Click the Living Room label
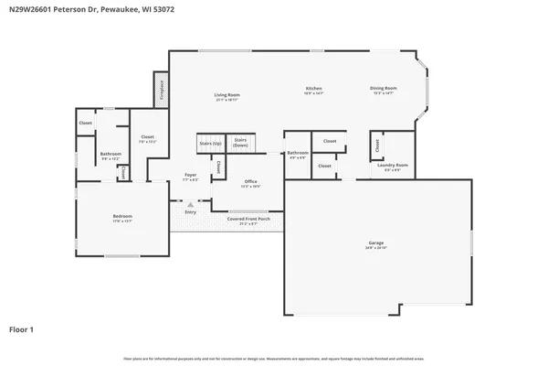[x=227, y=96]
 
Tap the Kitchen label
[x=314, y=90]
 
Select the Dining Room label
[x=383, y=90]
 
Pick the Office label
[x=250, y=183]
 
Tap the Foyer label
[x=190, y=176]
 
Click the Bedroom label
[x=122, y=218]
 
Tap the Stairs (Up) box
[x=209, y=145]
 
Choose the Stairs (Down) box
[x=240, y=143]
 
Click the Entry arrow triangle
[x=190, y=205]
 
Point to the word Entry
[x=190, y=212]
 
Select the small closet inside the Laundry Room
[x=376, y=145]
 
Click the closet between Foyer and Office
[x=219, y=168]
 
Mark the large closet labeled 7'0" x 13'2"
[x=148, y=139]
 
